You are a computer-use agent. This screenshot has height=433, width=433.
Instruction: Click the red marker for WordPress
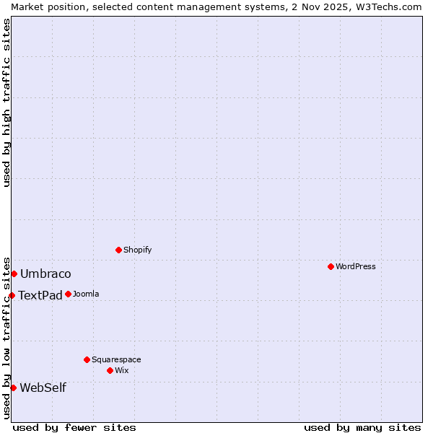click(331, 266)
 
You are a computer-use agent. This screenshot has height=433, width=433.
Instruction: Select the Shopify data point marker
click(118, 250)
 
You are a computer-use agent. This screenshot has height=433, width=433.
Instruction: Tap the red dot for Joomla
click(68, 294)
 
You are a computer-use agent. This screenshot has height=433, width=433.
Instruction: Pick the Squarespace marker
click(87, 359)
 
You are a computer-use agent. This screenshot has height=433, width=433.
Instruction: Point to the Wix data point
click(110, 370)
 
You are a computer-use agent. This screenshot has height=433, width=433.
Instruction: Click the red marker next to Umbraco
click(14, 274)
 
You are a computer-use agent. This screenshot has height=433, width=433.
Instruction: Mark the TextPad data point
click(12, 295)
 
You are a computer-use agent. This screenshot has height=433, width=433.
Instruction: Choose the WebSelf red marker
click(13, 388)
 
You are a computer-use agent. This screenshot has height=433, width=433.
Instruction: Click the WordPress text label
click(356, 266)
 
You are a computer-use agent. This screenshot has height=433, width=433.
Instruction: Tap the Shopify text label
click(137, 250)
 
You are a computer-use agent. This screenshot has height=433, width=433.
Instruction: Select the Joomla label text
click(86, 294)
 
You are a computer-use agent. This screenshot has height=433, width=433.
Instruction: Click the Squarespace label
click(116, 359)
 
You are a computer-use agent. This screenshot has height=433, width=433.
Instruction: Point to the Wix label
click(122, 370)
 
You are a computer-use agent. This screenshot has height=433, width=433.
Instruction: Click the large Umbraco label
click(45, 274)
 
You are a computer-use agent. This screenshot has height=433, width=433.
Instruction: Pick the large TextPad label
click(40, 295)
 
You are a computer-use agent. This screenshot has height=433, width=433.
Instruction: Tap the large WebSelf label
click(43, 388)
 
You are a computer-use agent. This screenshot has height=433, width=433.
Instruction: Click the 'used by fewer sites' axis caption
click(74, 427)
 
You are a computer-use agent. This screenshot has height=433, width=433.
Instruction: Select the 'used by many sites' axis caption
click(362, 427)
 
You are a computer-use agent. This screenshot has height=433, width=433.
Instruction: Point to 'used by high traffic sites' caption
click(6, 102)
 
